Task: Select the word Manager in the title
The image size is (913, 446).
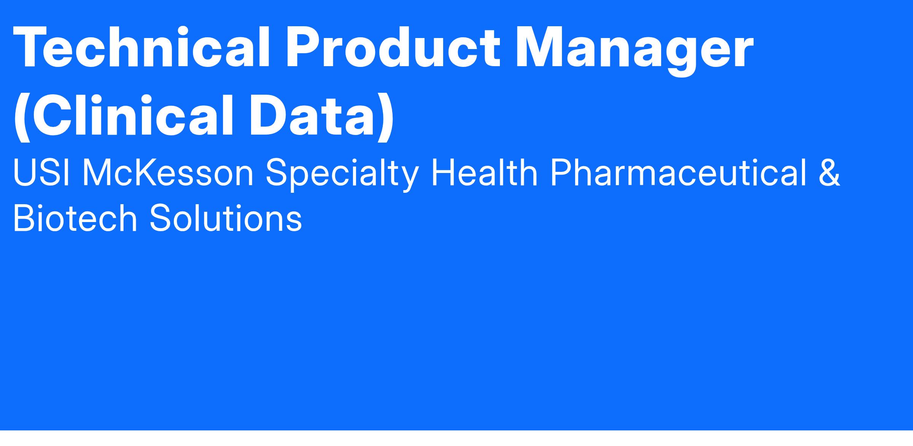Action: [634, 52]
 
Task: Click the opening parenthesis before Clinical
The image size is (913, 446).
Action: [22, 117]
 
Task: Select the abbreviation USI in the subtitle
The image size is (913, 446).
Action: [41, 173]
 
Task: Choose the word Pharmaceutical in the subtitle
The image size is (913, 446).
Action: [678, 173]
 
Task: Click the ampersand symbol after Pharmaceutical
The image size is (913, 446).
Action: [829, 173]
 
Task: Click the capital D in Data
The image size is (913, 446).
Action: [269, 114]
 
